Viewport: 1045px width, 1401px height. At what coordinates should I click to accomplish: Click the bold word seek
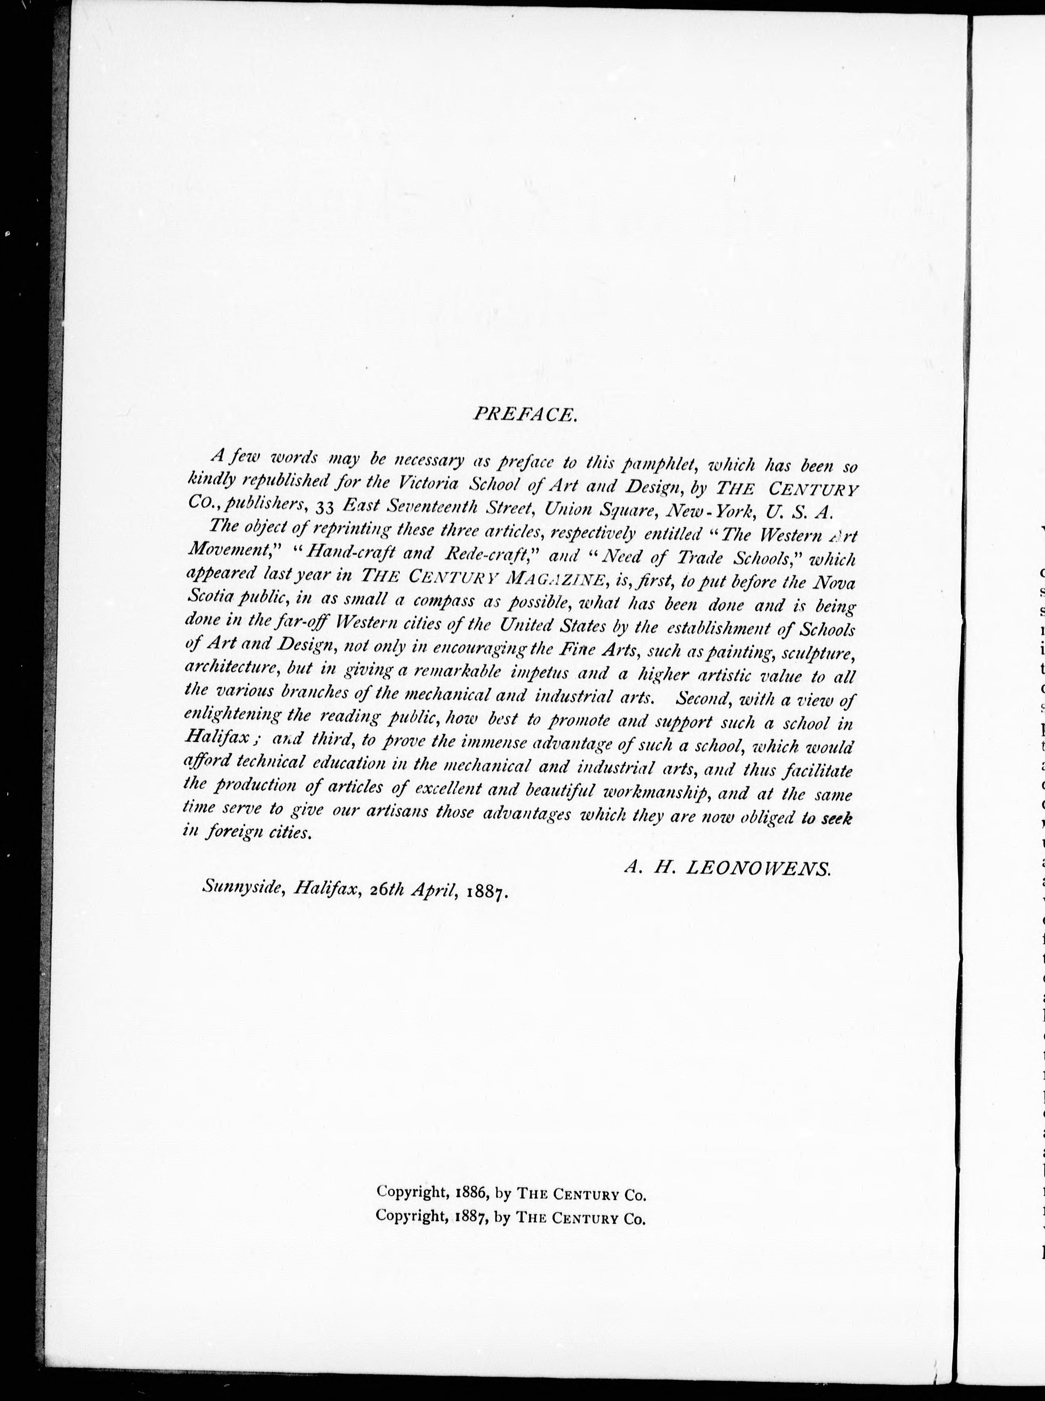[x=836, y=819]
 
